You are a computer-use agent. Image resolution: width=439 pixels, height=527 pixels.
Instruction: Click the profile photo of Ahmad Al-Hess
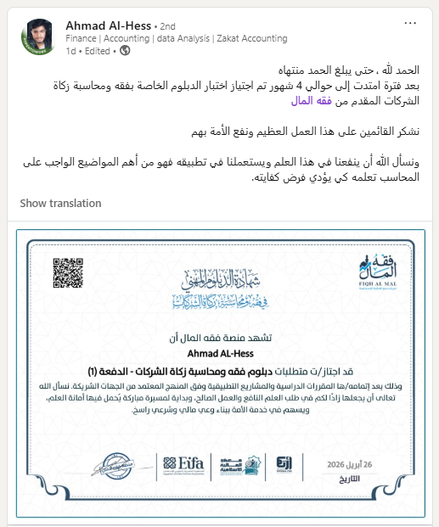click(38, 36)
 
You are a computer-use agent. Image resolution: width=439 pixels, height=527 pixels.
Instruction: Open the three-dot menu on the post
click(410, 23)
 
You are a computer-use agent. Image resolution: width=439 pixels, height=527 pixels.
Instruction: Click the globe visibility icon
click(125, 51)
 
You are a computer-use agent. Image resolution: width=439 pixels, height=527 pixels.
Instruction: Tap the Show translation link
click(60, 204)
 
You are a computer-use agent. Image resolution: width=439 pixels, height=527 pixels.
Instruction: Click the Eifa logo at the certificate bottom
click(184, 465)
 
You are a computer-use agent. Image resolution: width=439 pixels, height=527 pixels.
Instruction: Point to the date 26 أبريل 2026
click(348, 464)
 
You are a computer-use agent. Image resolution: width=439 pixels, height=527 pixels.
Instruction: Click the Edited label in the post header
click(98, 51)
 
